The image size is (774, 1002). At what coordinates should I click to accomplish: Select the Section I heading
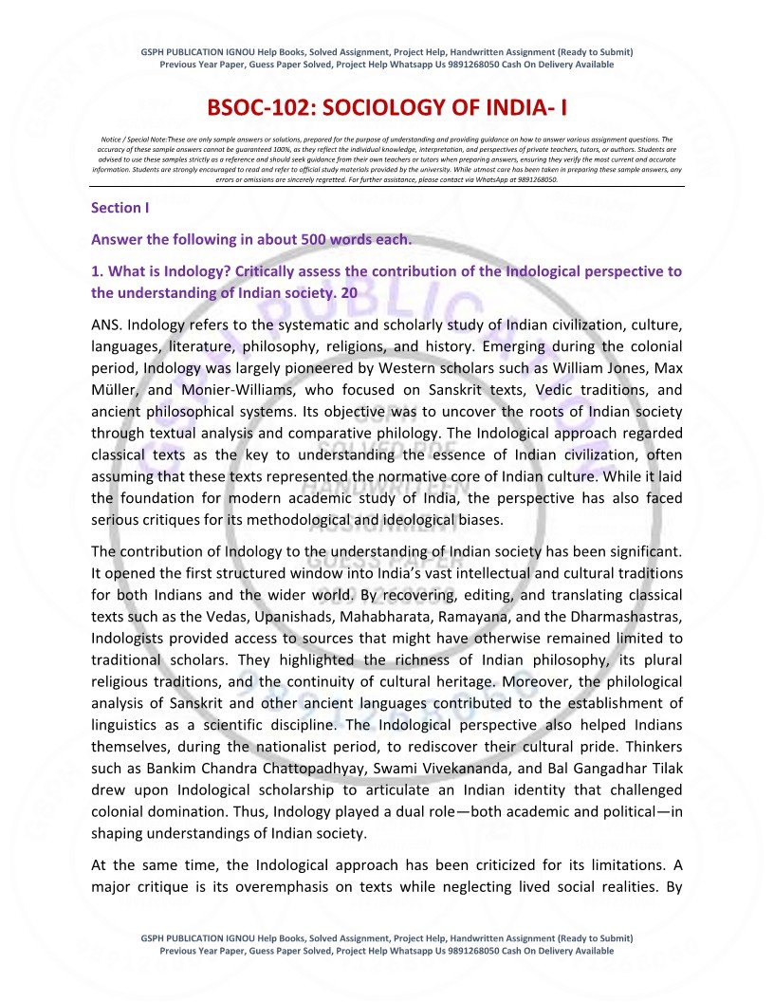tap(120, 207)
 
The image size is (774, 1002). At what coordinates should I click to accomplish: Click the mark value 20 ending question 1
tap(349, 293)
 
